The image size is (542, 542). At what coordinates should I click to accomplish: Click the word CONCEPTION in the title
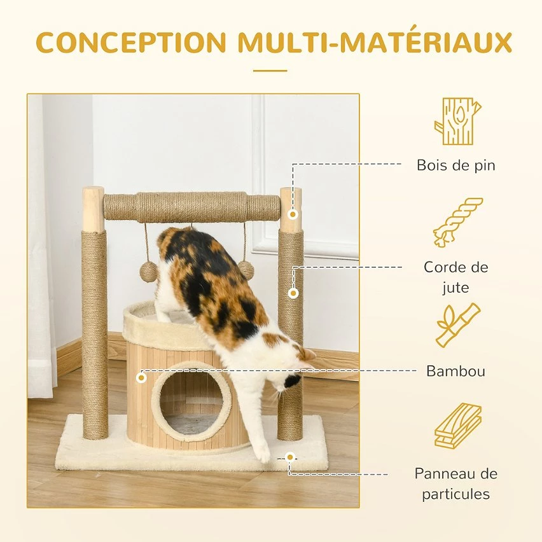pyautogui.click(x=131, y=42)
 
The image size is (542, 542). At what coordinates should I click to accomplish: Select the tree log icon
pyautogui.click(x=457, y=122)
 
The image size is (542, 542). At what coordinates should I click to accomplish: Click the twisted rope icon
pyautogui.click(x=458, y=223)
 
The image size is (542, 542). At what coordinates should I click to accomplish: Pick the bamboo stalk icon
pyautogui.click(x=458, y=325)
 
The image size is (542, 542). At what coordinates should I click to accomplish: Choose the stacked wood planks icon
pyautogui.click(x=458, y=426)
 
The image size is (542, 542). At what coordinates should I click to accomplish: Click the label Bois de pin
pyautogui.click(x=456, y=165)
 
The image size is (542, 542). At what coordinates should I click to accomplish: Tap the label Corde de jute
pyautogui.click(x=456, y=277)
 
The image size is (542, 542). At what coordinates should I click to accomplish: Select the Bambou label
pyautogui.click(x=456, y=371)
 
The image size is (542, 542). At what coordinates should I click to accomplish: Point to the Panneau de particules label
pyautogui.click(x=456, y=483)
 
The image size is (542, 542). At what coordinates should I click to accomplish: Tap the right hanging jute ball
pyautogui.click(x=246, y=269)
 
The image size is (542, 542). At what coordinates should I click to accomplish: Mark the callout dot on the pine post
pyautogui.click(x=293, y=214)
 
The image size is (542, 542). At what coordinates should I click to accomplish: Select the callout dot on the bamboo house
pyautogui.click(x=141, y=378)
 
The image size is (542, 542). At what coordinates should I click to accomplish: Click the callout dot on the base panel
pyautogui.click(x=290, y=457)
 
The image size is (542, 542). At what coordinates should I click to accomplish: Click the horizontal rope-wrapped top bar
pyautogui.click(x=192, y=207)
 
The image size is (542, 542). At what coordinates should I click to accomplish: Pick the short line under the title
pyautogui.click(x=270, y=71)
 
